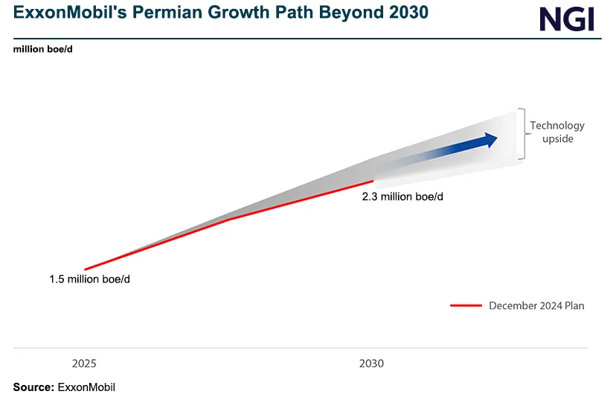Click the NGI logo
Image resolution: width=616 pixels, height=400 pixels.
[567, 19]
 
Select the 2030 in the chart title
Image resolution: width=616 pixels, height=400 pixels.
[408, 14]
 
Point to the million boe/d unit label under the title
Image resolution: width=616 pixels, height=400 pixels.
[42, 50]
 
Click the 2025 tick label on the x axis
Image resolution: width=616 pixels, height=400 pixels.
[84, 364]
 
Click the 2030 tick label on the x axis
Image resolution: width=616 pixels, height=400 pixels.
[371, 364]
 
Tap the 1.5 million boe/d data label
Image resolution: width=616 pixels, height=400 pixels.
[94, 280]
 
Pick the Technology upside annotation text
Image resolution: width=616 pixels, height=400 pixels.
[557, 132]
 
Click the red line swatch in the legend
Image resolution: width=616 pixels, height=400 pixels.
[466, 306]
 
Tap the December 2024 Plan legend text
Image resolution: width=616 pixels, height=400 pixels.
[536, 306]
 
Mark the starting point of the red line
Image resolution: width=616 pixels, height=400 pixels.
[85, 269]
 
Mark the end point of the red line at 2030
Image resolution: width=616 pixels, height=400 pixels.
[372, 180]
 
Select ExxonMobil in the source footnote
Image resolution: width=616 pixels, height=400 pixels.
[86, 387]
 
